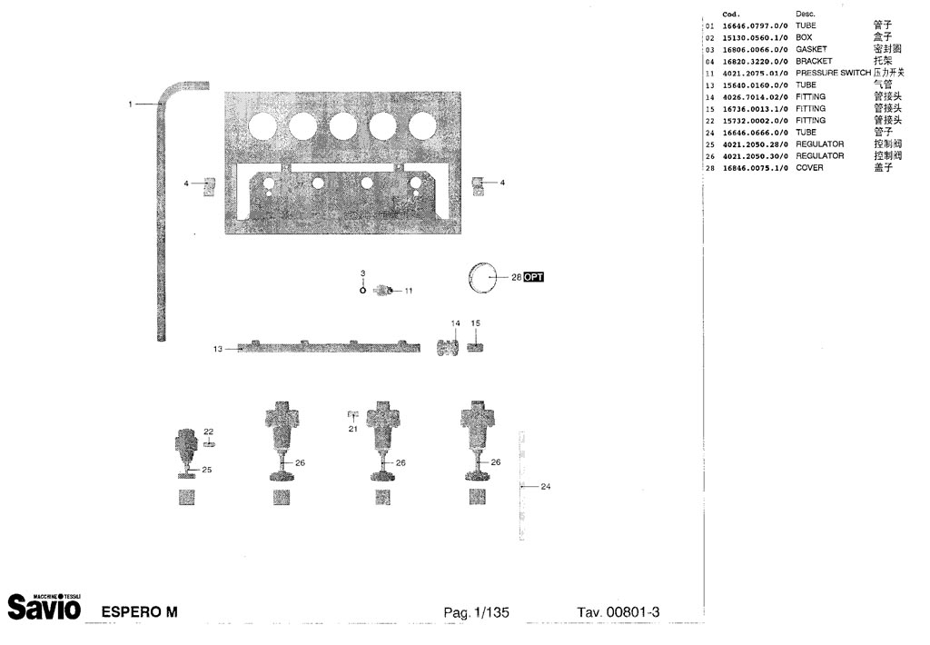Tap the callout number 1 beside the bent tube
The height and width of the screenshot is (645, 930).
coord(131,104)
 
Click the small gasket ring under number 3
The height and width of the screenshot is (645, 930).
coord(362,291)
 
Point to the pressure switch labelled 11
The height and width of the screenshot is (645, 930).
coord(383,290)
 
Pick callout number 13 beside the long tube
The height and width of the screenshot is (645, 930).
coord(218,348)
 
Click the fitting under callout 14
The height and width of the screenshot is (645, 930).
coord(448,348)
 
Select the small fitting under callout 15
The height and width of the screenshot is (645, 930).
coord(474,346)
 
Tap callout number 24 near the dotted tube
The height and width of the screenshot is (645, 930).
coord(545,487)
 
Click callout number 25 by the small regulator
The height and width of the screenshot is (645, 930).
coord(207,470)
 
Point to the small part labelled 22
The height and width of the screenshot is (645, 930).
coord(209,444)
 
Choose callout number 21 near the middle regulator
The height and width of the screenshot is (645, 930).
coord(353,429)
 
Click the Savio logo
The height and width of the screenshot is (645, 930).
coord(45,605)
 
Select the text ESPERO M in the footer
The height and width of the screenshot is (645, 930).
coord(139,611)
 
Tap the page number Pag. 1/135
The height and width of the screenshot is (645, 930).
coord(476,612)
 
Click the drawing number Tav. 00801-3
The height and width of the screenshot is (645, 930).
coord(618,612)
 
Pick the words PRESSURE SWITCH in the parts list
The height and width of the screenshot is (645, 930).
coord(833,73)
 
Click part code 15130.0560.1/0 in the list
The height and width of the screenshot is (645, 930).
coord(756,37)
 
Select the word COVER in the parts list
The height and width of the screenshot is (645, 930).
coord(809,168)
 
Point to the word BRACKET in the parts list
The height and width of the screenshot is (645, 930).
coord(814,61)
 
